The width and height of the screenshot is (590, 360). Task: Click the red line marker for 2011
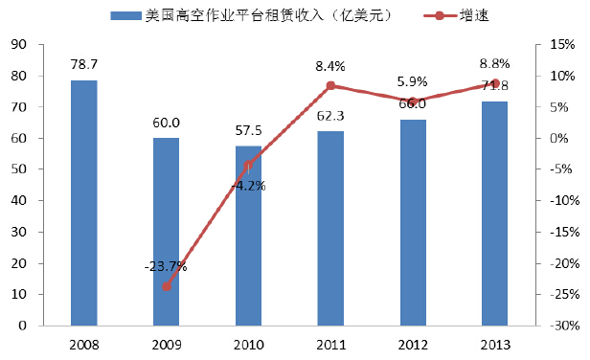pos(330,86)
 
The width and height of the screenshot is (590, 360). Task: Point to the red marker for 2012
pos(412,101)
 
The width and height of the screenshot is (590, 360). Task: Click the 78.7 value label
pos(83,64)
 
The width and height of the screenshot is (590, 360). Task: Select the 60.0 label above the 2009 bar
pos(166,124)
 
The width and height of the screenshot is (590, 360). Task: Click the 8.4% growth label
pos(330,67)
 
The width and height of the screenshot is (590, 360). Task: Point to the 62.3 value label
pos(330,116)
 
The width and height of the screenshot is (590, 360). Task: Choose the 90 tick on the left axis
pos(19,44)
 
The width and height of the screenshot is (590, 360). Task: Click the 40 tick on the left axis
pos(19,201)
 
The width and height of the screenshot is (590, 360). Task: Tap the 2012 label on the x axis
pos(412,343)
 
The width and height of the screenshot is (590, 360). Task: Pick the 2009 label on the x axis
pos(166,343)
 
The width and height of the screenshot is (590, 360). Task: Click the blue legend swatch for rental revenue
pos(125,16)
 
